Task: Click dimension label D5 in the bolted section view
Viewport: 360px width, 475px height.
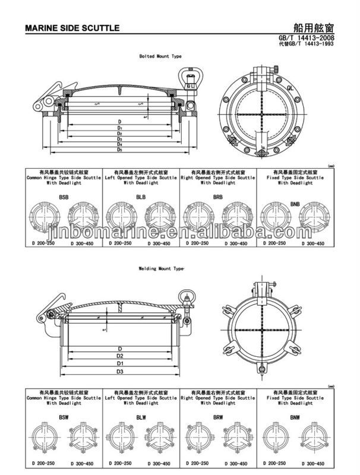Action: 119,150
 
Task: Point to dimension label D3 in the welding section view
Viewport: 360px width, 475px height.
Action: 119,372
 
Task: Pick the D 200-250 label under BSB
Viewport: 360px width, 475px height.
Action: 40,244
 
